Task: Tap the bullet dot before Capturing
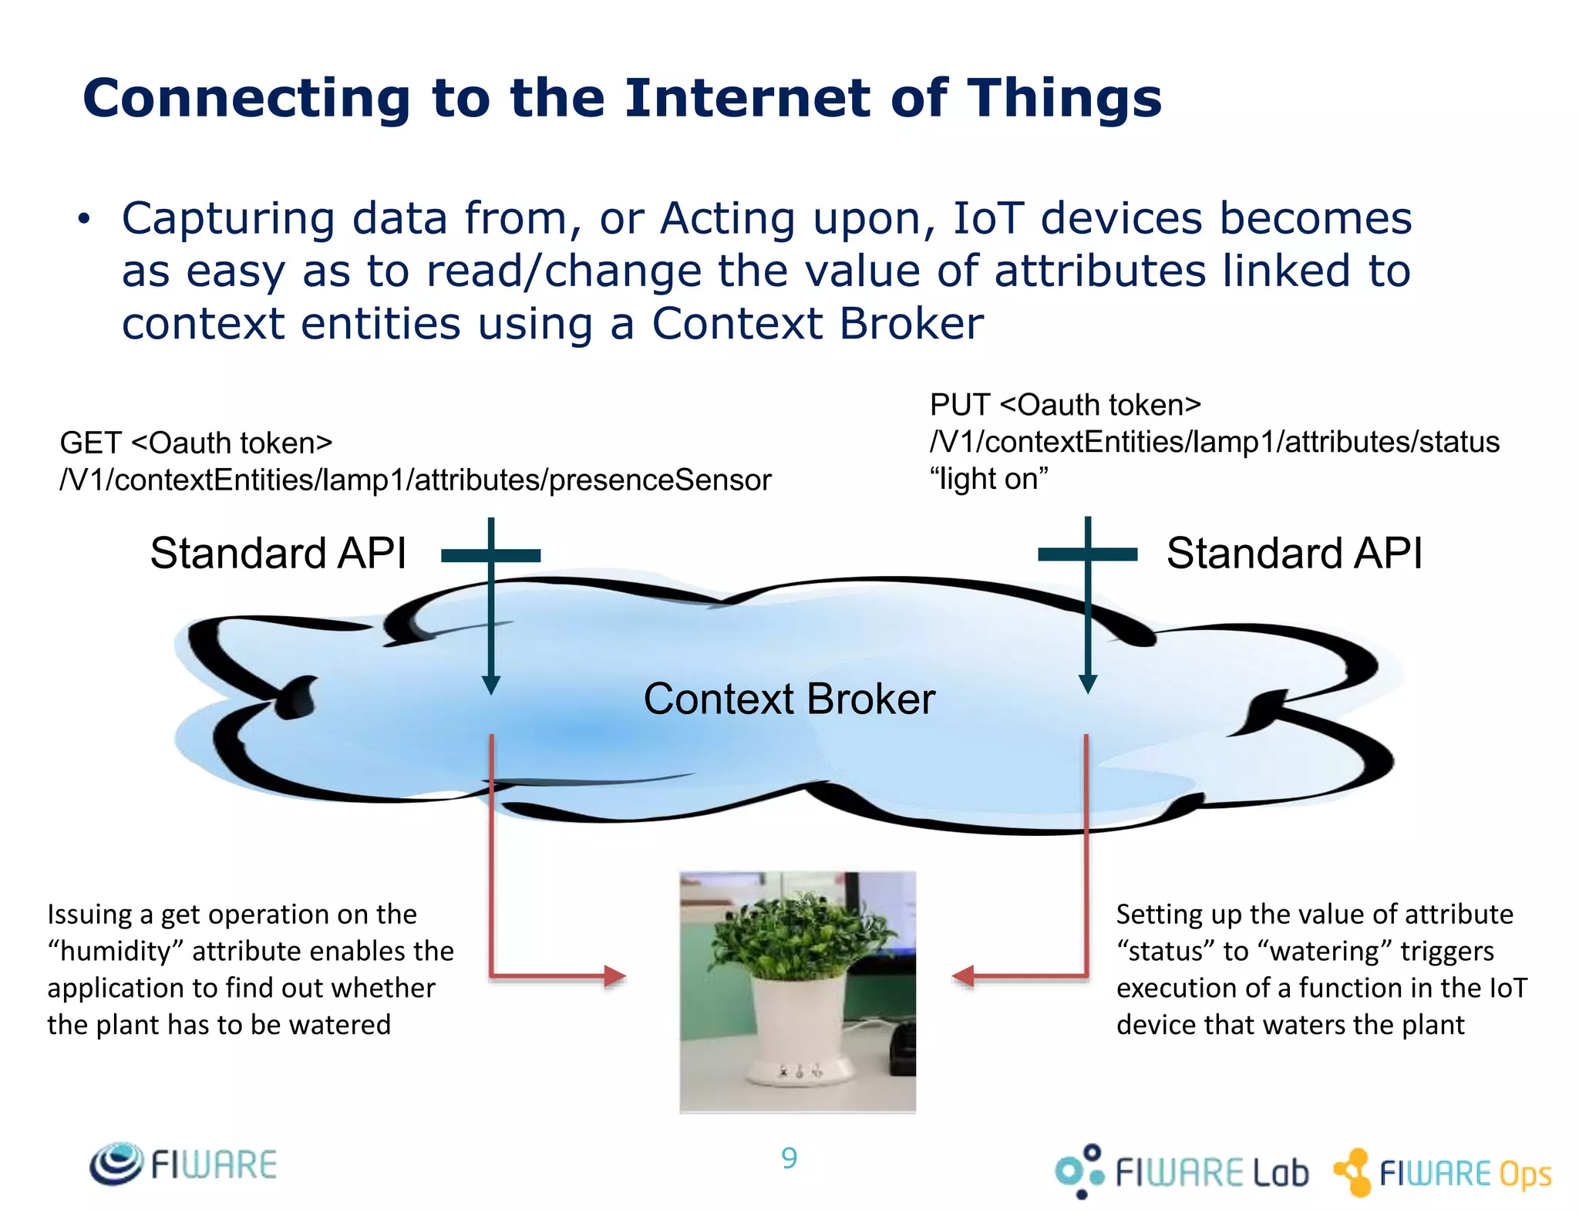(83, 220)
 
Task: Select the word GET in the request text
(90, 443)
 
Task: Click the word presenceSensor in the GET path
(660, 480)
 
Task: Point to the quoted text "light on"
(989, 480)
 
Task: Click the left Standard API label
(278, 554)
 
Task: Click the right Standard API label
(1294, 554)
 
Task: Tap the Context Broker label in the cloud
(789, 699)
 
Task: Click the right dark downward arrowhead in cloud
(1087, 684)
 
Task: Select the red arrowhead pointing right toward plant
(614, 976)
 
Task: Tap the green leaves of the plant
(786, 933)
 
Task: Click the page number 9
(789, 1158)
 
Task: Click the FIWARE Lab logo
(1182, 1171)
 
